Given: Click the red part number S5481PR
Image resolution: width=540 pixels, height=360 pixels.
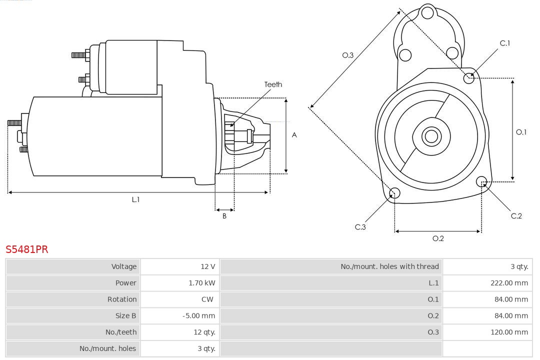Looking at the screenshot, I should click(27, 249).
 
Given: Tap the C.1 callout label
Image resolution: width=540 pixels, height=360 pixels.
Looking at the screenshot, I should click(505, 43).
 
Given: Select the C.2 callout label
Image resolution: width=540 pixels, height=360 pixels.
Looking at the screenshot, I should click(516, 215).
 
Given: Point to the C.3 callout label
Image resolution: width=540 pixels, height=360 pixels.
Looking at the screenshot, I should click(360, 227).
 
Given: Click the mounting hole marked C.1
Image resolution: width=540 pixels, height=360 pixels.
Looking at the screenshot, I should click(469, 77).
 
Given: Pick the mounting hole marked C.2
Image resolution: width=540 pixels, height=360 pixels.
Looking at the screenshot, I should click(481, 181).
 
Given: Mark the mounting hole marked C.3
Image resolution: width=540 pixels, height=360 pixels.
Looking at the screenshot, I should click(394, 193).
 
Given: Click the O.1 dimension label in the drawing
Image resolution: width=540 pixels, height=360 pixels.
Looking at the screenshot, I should click(521, 132).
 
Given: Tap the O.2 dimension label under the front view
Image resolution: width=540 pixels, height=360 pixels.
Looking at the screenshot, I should click(438, 238).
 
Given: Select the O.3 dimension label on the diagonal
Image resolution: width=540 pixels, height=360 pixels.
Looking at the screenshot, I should click(348, 55).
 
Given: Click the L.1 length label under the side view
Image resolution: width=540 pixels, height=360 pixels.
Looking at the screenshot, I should click(135, 199).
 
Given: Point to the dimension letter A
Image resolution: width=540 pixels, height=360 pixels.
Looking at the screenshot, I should click(294, 135).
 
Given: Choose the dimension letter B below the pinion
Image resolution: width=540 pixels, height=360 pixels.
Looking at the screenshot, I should click(224, 216).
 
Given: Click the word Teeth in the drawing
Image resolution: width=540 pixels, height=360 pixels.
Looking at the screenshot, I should click(273, 84).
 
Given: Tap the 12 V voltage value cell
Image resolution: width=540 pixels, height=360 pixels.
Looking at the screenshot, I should click(207, 266).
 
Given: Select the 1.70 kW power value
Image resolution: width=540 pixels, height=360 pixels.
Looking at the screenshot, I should click(202, 283).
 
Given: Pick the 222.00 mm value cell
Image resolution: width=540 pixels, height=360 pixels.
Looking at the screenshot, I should click(509, 283).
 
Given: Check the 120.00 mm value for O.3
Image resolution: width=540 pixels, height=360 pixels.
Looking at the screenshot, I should click(509, 332).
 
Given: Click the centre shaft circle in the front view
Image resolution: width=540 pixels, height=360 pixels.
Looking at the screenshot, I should click(430, 136).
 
